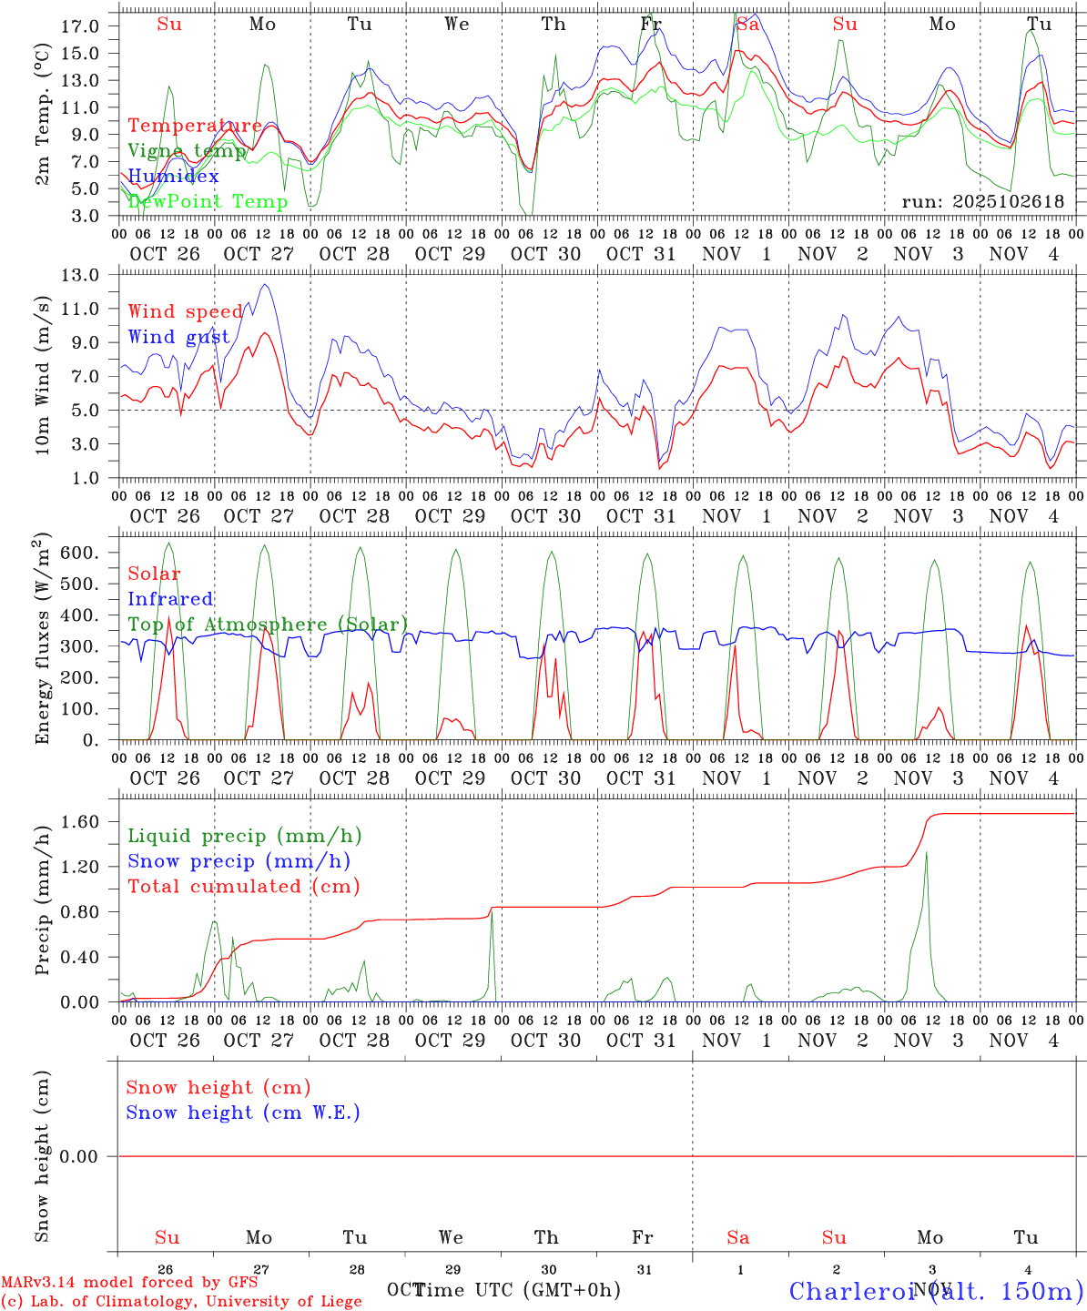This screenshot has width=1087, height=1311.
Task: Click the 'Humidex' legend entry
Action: tap(173, 177)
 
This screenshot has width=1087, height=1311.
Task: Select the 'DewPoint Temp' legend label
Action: tap(208, 202)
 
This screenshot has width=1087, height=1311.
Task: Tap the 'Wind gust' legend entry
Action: tap(178, 337)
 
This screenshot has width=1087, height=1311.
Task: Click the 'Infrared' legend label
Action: tap(170, 599)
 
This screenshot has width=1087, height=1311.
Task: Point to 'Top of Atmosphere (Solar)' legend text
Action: tap(268, 625)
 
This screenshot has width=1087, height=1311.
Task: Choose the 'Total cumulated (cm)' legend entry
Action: tap(243, 886)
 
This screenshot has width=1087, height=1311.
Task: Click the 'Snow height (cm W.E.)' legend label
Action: tap(243, 1113)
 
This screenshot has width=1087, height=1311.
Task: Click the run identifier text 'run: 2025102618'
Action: tap(982, 202)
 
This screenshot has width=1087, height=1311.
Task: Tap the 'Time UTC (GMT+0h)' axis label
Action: tap(517, 1290)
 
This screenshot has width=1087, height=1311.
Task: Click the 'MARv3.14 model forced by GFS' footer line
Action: tap(129, 1282)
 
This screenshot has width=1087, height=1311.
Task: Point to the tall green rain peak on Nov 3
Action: tap(926, 853)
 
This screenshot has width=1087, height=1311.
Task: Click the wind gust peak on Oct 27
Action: tap(265, 285)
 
